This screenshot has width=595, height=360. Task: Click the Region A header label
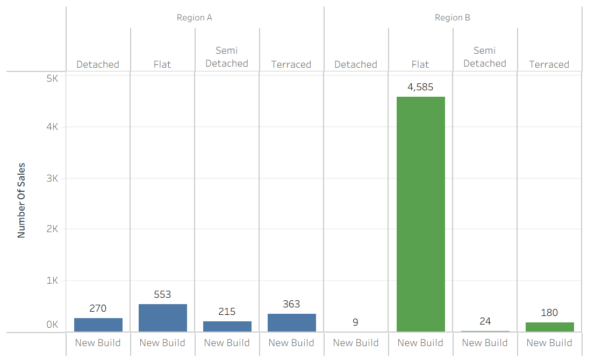coord(195,18)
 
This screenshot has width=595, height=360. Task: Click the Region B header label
coord(453,18)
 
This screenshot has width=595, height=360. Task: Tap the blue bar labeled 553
coord(162,318)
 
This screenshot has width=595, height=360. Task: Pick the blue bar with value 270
coord(98,325)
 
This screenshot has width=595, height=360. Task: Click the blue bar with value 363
coord(291,322)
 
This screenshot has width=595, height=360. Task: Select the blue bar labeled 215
coord(227,326)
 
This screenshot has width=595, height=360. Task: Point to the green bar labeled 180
coord(549,327)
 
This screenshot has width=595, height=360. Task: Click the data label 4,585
coord(420,87)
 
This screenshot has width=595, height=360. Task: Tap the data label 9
coord(356,322)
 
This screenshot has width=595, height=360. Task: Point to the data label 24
coord(485,321)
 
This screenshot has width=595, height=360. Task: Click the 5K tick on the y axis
coord(52,78)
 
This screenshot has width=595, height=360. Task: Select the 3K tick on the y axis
coord(52,178)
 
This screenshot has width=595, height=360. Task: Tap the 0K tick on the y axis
coord(52,325)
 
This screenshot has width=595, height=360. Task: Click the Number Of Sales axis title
coord(21,200)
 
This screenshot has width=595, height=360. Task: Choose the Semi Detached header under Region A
coord(227,57)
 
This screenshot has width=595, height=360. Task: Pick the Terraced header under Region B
coord(549,64)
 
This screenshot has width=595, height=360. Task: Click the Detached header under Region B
coord(356,64)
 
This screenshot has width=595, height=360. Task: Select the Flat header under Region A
coord(162,64)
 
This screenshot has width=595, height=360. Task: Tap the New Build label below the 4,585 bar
coord(420,343)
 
